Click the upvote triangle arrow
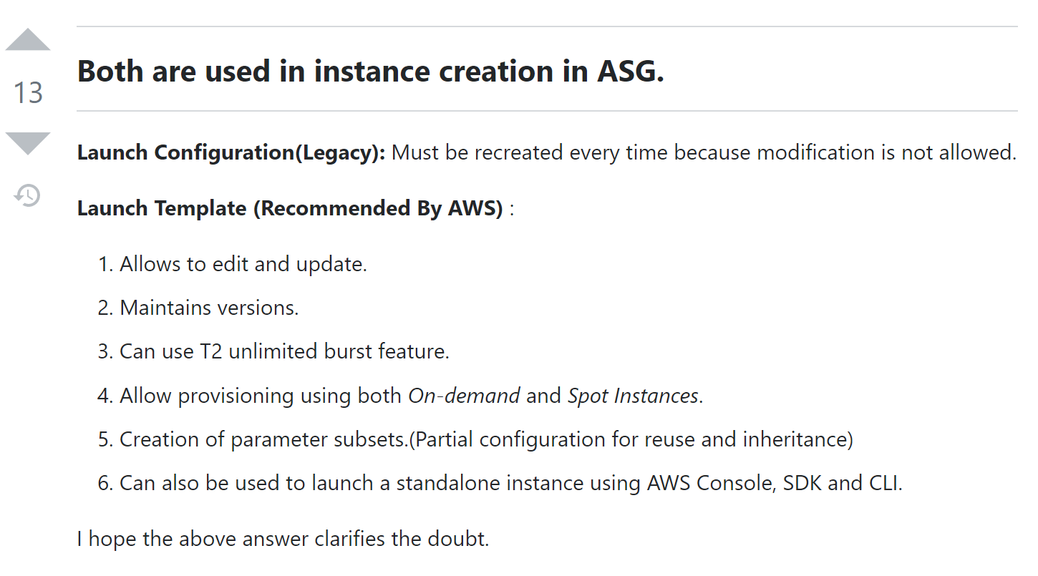pyautogui.click(x=28, y=39)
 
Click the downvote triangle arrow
pyautogui.click(x=28, y=143)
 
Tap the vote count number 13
pyautogui.click(x=28, y=92)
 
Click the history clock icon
pyautogui.click(x=27, y=195)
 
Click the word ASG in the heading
pyautogui.click(x=630, y=72)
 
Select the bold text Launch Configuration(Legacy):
pyautogui.click(x=231, y=153)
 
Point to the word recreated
pyautogui.click(x=504, y=152)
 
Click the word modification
pyautogui.click(x=815, y=152)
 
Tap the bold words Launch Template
pyautogui.click(x=162, y=208)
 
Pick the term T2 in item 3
pyautogui.click(x=211, y=351)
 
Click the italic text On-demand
pyautogui.click(x=464, y=396)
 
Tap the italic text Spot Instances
pyautogui.click(x=633, y=396)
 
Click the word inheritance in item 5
pyautogui.click(x=797, y=439)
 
